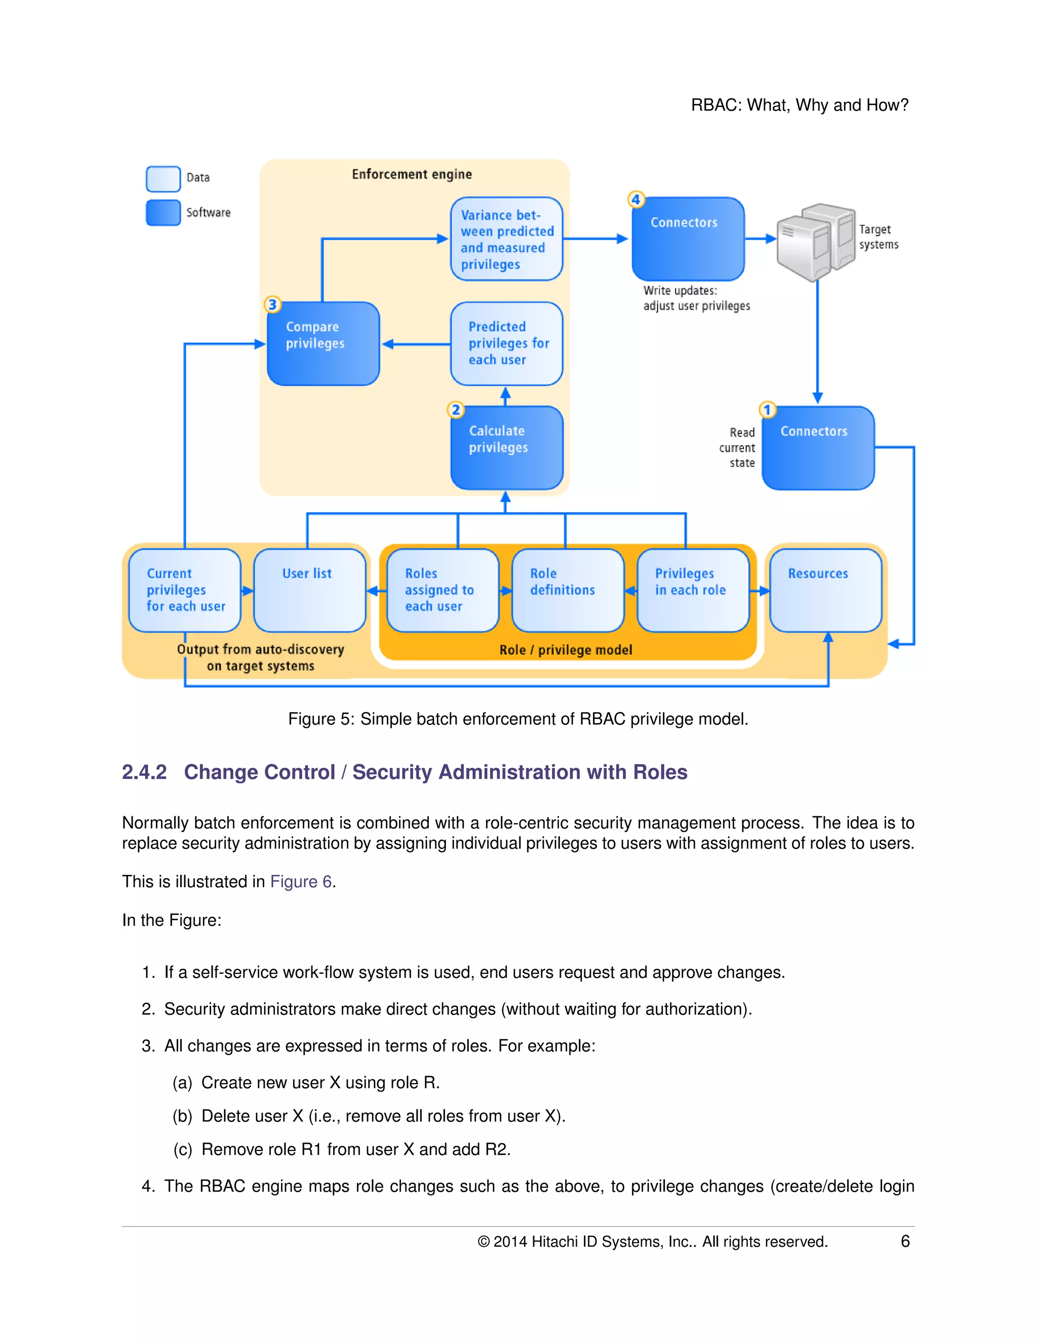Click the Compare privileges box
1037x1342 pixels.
pos(323,343)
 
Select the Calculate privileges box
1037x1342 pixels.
pos(507,448)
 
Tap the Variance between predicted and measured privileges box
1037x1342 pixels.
pos(507,239)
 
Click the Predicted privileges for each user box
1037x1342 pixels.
pos(507,343)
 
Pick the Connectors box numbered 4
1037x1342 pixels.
pos(688,239)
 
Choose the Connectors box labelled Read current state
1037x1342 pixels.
pos(818,448)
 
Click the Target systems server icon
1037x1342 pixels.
pos(816,242)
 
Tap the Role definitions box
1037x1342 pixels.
pos(568,590)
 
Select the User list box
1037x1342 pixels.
pos(309,590)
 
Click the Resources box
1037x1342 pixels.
pos(826,590)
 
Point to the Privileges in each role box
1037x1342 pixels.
pos(693,590)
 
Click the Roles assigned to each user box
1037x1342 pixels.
pos(443,590)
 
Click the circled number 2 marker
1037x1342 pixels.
pos(456,410)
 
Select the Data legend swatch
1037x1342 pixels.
pos(164,179)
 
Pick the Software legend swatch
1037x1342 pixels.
pos(164,213)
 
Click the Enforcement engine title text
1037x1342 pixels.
pos(412,175)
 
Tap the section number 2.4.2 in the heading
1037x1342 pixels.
pos(144,772)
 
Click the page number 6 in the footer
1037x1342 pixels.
pos(905,1241)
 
